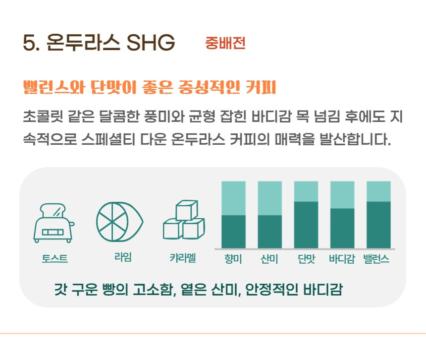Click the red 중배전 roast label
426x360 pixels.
point(225,43)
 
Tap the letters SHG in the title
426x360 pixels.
point(151,43)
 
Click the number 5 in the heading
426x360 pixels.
point(29,43)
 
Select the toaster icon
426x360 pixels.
point(54,223)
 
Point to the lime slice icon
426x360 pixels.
point(119,222)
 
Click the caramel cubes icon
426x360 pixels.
point(184,220)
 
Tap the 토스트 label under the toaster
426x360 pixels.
point(54,258)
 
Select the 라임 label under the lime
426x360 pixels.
point(123,257)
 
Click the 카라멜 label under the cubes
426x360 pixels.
point(183,258)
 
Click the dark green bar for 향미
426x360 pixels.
point(233,232)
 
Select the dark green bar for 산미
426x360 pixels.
point(270,232)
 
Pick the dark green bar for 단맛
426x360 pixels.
point(306,225)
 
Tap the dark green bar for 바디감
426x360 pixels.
point(342,229)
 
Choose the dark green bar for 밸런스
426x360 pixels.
point(379,225)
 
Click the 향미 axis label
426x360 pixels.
point(233,259)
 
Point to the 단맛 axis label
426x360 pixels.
point(306,259)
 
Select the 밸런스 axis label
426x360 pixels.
point(376,259)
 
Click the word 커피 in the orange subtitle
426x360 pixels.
point(261,87)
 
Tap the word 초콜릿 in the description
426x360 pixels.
point(43,117)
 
